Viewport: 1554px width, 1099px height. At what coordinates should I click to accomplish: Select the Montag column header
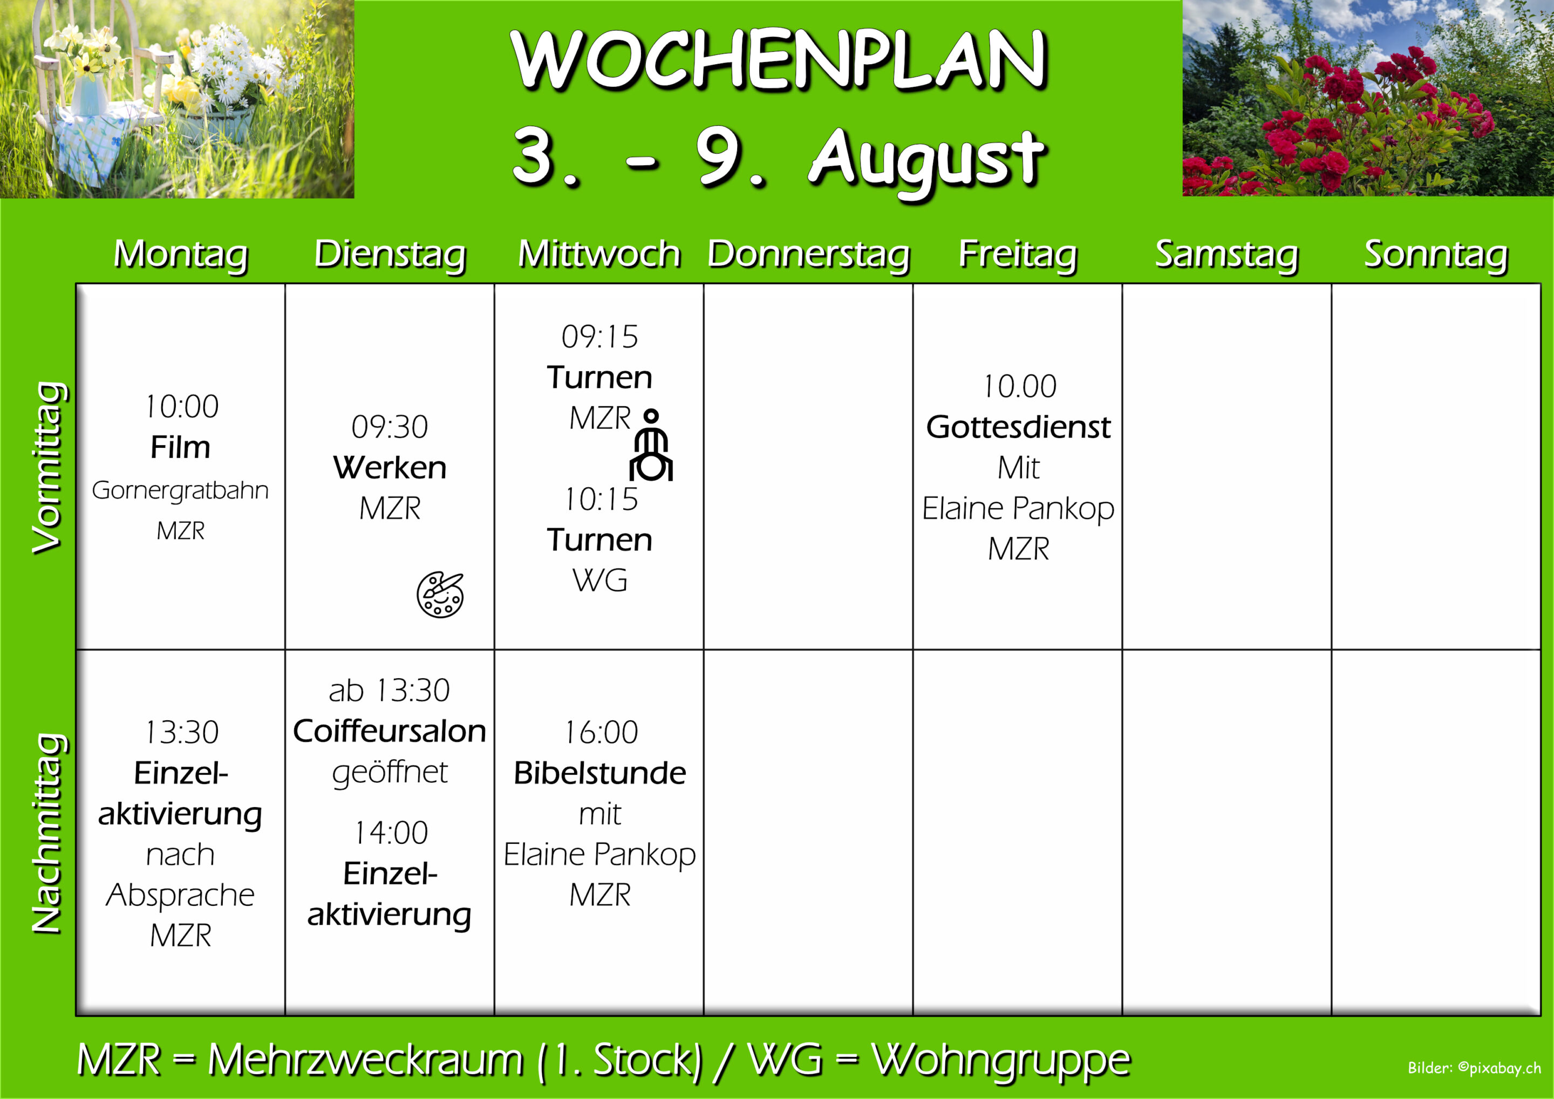[181, 256]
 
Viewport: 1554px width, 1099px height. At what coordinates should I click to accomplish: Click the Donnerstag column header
[809, 255]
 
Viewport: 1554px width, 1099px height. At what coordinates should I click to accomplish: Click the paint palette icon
[440, 594]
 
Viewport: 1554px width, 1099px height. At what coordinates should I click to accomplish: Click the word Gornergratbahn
[180, 490]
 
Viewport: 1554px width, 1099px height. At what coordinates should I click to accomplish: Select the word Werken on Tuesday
[390, 468]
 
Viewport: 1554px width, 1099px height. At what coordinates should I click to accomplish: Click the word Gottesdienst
[1019, 427]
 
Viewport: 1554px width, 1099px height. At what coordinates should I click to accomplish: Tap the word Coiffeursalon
[390, 731]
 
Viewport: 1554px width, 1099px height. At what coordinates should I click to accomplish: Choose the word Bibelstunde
[599, 773]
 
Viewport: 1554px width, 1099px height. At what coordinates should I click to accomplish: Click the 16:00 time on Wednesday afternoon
[601, 732]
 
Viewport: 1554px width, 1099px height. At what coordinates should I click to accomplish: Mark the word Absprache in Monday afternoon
[181, 895]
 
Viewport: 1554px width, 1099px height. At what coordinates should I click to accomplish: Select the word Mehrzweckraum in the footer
[365, 1059]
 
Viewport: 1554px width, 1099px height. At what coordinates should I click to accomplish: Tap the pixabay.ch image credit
[1475, 1068]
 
